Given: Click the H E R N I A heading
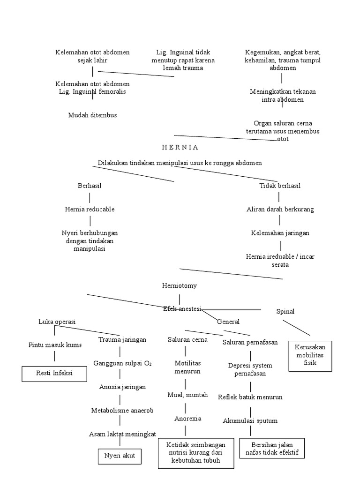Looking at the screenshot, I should [180, 147].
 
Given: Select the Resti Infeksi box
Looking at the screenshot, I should [54, 374].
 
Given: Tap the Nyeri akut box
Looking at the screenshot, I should [120, 456].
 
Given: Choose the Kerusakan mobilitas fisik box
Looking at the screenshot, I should [310, 356].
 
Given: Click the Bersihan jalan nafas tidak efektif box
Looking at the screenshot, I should [272, 449].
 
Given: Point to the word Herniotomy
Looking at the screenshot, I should [179, 285].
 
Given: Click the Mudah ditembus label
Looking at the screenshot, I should [92, 115].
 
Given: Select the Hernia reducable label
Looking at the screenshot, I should [90, 209].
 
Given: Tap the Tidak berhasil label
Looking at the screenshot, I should [280, 186].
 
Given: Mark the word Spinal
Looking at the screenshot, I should [285, 311].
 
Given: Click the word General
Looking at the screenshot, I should [228, 322].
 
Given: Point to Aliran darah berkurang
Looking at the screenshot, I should [280, 209].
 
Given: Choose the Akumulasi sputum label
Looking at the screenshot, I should [250, 420].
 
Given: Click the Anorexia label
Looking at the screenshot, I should [187, 418].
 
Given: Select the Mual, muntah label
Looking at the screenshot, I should [187, 395].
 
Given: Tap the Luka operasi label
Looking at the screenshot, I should [57, 322].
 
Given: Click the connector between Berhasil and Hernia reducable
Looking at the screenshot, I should [90, 197].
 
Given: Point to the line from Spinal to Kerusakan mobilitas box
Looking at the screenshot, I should [296, 328].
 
